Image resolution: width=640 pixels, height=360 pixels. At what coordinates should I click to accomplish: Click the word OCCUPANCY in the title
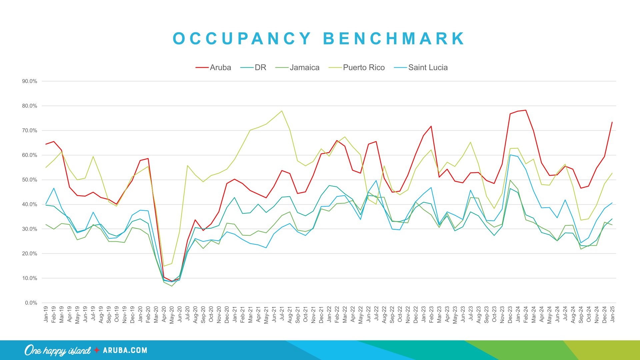pos(242,39)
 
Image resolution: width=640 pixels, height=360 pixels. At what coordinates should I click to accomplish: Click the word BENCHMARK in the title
pos(394,39)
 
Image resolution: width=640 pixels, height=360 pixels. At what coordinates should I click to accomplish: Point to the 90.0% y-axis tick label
pos(30,81)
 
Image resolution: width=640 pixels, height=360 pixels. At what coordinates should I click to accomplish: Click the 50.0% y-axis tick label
pos(30,180)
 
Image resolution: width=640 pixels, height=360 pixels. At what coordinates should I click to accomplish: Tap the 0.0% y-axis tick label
pos(31,303)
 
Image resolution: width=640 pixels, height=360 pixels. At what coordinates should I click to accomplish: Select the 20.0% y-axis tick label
pos(30,254)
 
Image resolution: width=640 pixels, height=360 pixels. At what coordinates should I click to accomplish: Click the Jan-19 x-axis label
pos(46,314)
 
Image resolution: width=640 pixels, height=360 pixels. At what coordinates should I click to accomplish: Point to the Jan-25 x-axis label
pos(612,314)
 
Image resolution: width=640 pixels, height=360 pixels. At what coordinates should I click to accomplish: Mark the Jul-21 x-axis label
pos(282,314)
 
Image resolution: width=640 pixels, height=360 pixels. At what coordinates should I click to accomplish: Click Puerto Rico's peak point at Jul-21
pos(282,111)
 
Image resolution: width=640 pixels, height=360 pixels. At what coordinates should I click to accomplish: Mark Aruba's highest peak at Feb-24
pos(526,110)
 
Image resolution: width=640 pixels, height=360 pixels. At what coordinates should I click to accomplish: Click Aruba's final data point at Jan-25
pos(612,122)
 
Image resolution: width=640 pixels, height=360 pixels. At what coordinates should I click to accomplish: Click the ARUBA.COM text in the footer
pos(125,350)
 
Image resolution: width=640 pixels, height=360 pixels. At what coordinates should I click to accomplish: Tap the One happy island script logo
pos(57,350)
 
